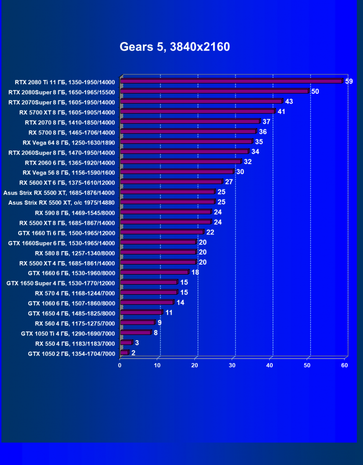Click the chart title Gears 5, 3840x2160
tap(174, 47)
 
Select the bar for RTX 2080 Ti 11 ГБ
tap(232, 81)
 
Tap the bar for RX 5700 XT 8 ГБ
tap(198, 111)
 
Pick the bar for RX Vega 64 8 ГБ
tap(187, 142)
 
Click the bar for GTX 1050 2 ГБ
tap(125, 353)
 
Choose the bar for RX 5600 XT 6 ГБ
tap(171, 182)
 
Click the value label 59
tap(349, 81)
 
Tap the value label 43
tap(288, 101)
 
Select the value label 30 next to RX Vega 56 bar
tap(240, 172)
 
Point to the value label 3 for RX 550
tap(137, 343)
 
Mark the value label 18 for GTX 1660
tap(195, 272)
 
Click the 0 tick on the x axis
tap(120, 365)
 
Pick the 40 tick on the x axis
tap(270, 365)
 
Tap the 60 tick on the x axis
tap(345, 365)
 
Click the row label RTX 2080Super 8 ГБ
tap(62, 92)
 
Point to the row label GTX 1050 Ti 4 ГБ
tap(68, 333)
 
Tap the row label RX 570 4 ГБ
tap(75, 293)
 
